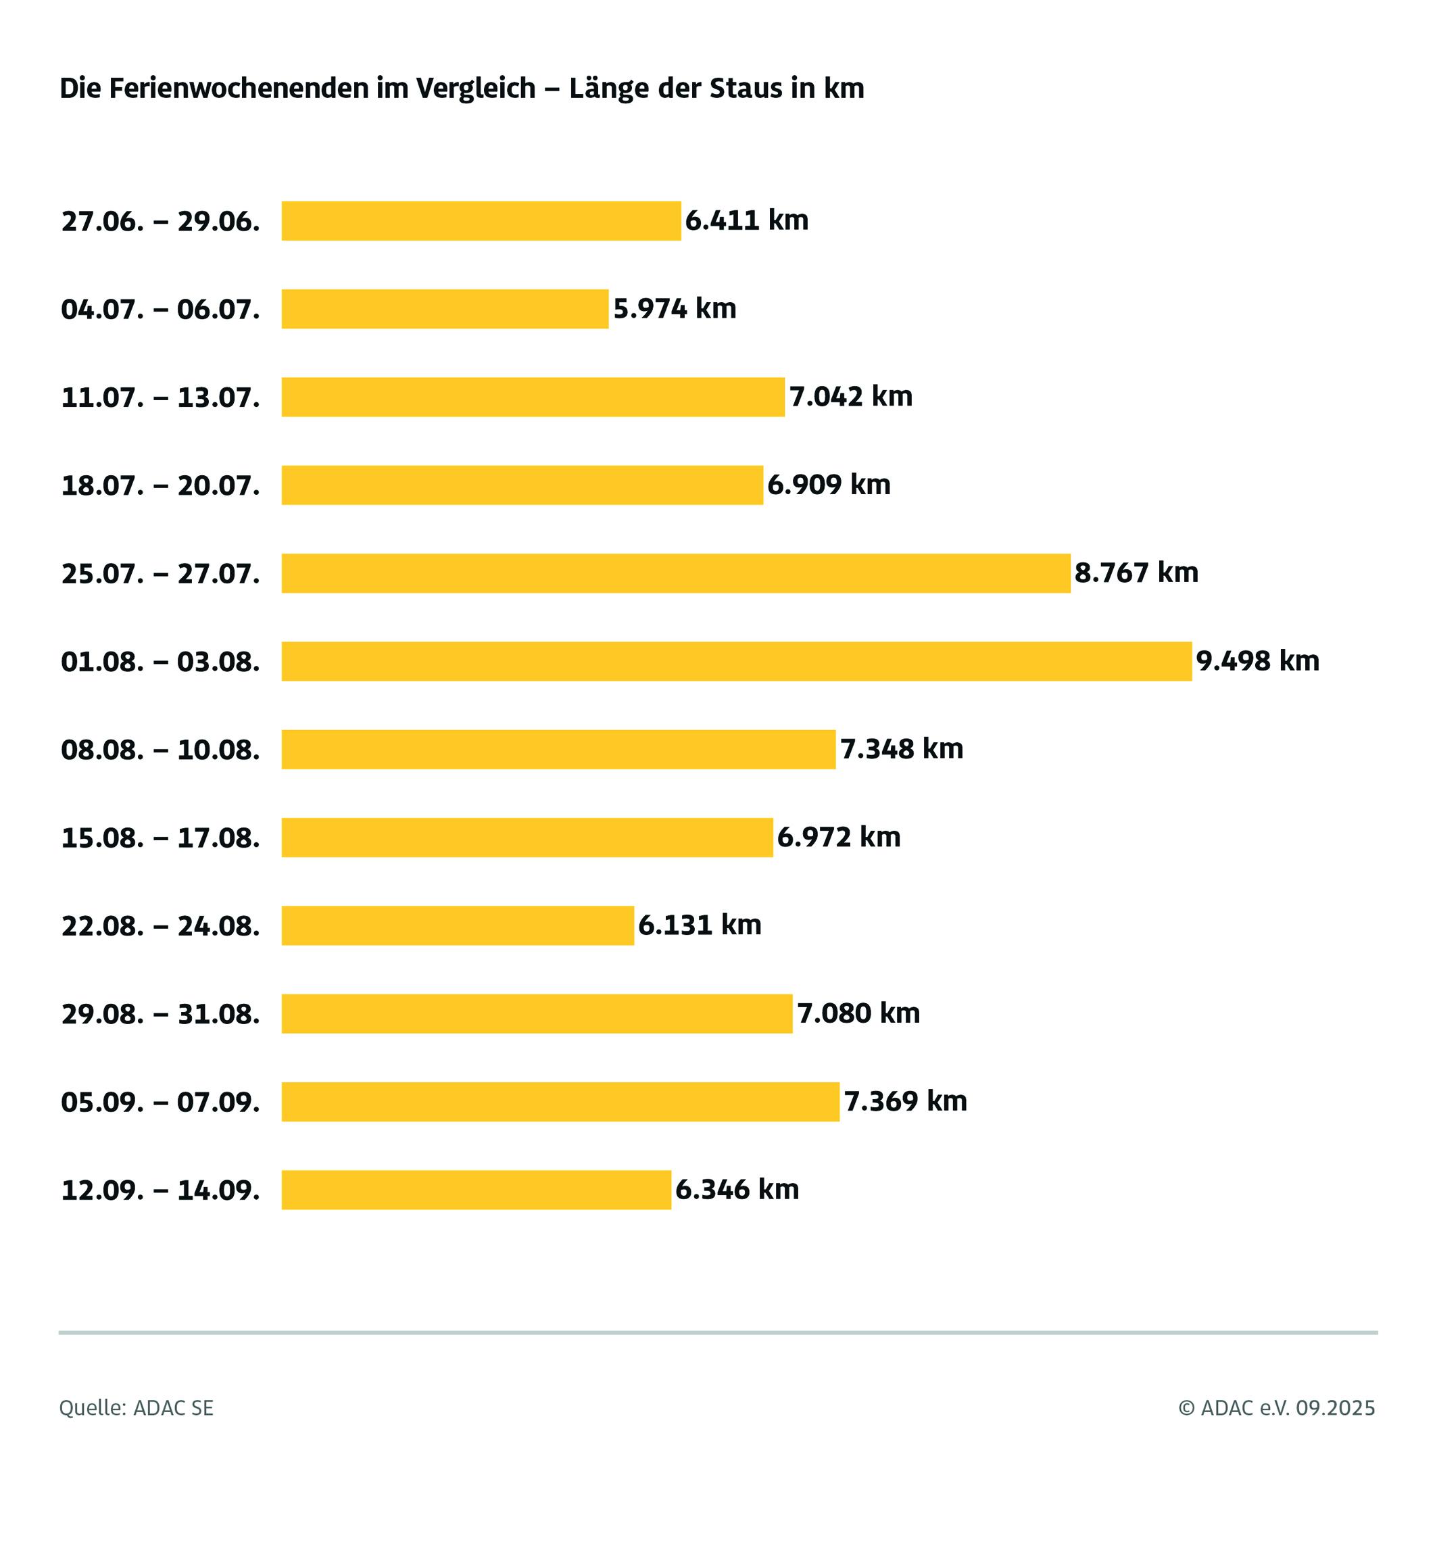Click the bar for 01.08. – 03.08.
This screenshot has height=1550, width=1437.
point(735,661)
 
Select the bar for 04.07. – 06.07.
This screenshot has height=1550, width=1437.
point(445,309)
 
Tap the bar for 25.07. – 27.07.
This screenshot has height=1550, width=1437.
point(675,573)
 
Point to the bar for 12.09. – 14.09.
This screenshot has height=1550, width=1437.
point(476,1190)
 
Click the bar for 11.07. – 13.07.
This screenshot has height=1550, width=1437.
point(533,397)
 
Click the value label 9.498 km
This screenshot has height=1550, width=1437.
point(1257,661)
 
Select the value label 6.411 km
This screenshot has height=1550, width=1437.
point(746,221)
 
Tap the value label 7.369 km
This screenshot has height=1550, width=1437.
point(905,1101)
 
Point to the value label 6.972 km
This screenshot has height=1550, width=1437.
point(838,838)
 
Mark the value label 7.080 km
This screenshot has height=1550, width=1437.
point(858,1013)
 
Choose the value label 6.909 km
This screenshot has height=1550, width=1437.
point(829,485)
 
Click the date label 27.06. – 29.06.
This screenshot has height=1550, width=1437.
point(160,222)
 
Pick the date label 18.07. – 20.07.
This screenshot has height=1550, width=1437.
point(160,486)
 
